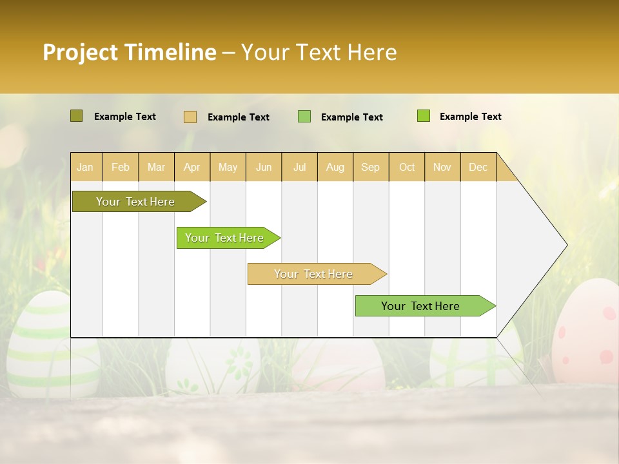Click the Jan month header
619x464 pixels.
[85, 167]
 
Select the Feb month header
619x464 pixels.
[121, 167]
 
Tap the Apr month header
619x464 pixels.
[192, 167]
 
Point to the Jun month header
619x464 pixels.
[264, 167]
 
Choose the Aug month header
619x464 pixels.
[335, 167]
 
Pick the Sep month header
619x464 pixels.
[370, 167]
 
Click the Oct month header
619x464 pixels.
[407, 167]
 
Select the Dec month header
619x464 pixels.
[478, 167]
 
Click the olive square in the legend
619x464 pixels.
[76, 116]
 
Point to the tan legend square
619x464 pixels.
[190, 117]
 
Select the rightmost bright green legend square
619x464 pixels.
[423, 116]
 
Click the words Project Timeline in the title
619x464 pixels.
[129, 52]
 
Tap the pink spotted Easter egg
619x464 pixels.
[587, 335]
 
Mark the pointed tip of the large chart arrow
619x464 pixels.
[565, 245]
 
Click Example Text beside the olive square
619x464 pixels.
[124, 117]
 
